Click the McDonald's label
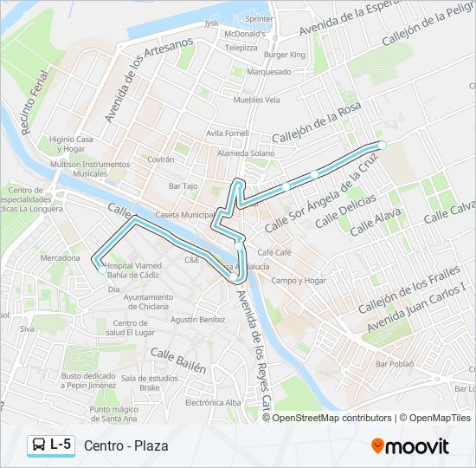pyautogui.click(x=242, y=34)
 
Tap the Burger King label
pyautogui.click(x=285, y=55)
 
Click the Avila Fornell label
pyautogui.click(x=228, y=133)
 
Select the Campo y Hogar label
pyautogui.click(x=299, y=281)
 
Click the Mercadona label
pyautogui.click(x=60, y=257)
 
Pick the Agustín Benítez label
pyautogui.click(x=198, y=319)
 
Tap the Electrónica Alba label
pyautogui.click(x=213, y=403)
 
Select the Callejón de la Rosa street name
pyautogui.click(x=316, y=124)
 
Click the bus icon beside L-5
pyautogui.click(x=39, y=445)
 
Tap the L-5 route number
pyautogui.click(x=61, y=445)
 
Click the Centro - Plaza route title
pyautogui.click(x=126, y=445)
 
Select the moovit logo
pyautogui.click(x=409, y=446)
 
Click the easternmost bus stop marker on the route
pyautogui.click(x=382, y=145)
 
